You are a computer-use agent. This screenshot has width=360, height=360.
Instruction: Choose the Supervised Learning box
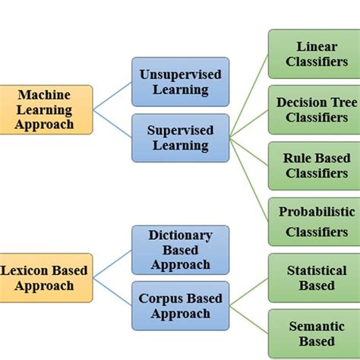180,137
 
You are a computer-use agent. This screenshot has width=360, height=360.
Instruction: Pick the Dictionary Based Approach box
180,249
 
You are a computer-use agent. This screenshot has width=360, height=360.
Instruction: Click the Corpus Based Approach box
180,305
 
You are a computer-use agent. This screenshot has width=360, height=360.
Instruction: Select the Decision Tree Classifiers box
311,109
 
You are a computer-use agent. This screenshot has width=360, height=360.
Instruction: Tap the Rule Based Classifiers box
311,165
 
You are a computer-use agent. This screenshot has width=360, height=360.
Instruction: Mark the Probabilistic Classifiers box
311,221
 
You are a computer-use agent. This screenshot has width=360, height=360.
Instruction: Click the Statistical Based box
311,277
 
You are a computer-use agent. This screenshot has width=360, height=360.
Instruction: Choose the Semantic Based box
311,333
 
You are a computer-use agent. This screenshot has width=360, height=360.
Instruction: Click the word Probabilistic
311,212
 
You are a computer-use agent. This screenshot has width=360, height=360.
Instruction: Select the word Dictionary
180,235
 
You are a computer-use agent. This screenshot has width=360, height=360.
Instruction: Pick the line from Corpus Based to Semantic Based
249,320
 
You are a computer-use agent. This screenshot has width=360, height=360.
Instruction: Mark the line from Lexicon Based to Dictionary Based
112,264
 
